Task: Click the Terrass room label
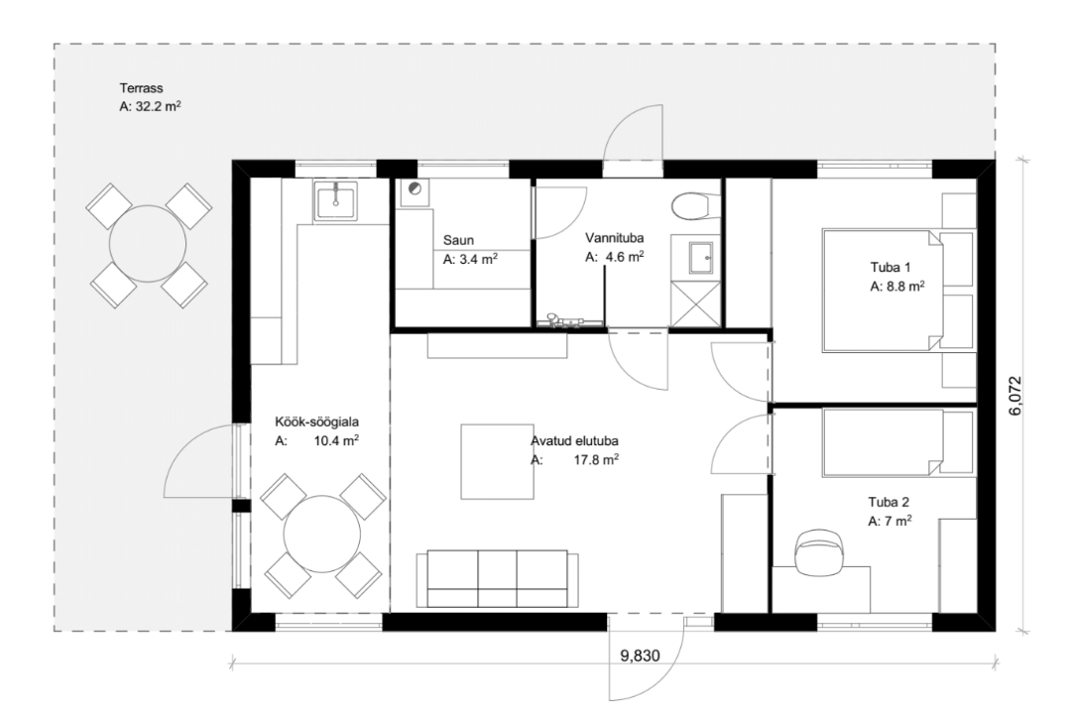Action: (142, 88)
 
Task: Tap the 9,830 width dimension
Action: (640, 656)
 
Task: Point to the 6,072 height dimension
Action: (1015, 396)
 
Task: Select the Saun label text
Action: (458, 240)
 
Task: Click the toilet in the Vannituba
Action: (695, 205)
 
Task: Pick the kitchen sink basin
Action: (335, 201)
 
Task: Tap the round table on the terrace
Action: (148, 243)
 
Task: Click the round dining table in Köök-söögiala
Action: (321, 535)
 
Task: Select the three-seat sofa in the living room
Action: (497, 578)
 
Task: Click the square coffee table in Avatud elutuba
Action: (497, 462)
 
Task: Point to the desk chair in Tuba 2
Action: (819, 548)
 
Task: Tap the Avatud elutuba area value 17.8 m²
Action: (596, 460)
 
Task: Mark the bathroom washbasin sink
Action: (695, 258)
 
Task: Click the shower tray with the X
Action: (695, 302)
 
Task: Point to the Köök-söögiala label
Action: (317, 422)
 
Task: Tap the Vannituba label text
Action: (614, 238)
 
